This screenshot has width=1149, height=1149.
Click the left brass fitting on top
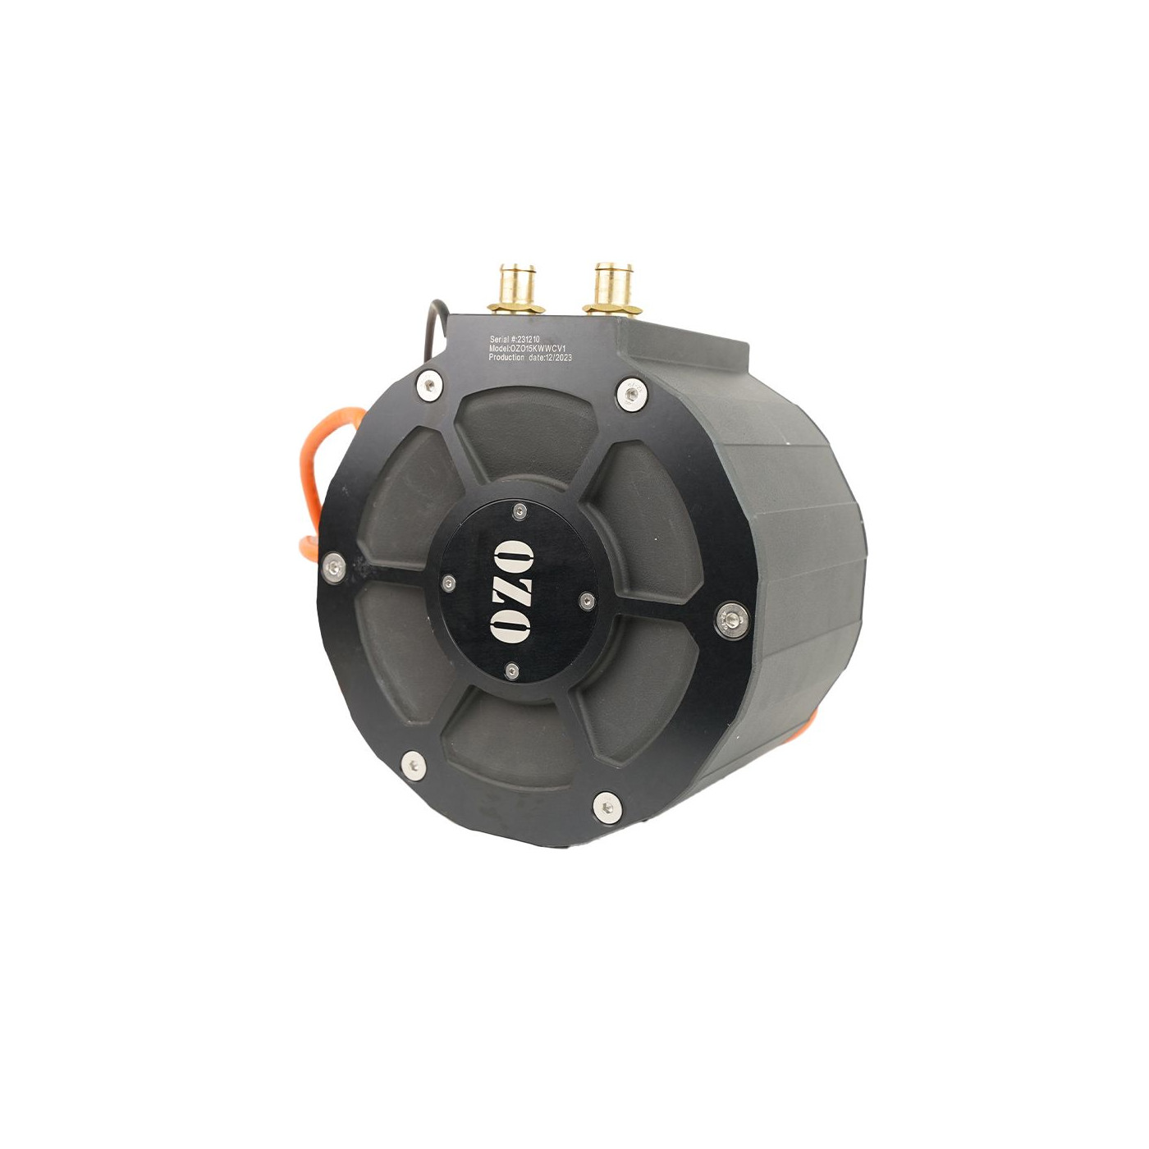[515, 289]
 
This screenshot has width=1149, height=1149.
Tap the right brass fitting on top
[611, 288]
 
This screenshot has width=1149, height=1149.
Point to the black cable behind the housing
[433, 328]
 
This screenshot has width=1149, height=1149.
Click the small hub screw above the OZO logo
[520, 511]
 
